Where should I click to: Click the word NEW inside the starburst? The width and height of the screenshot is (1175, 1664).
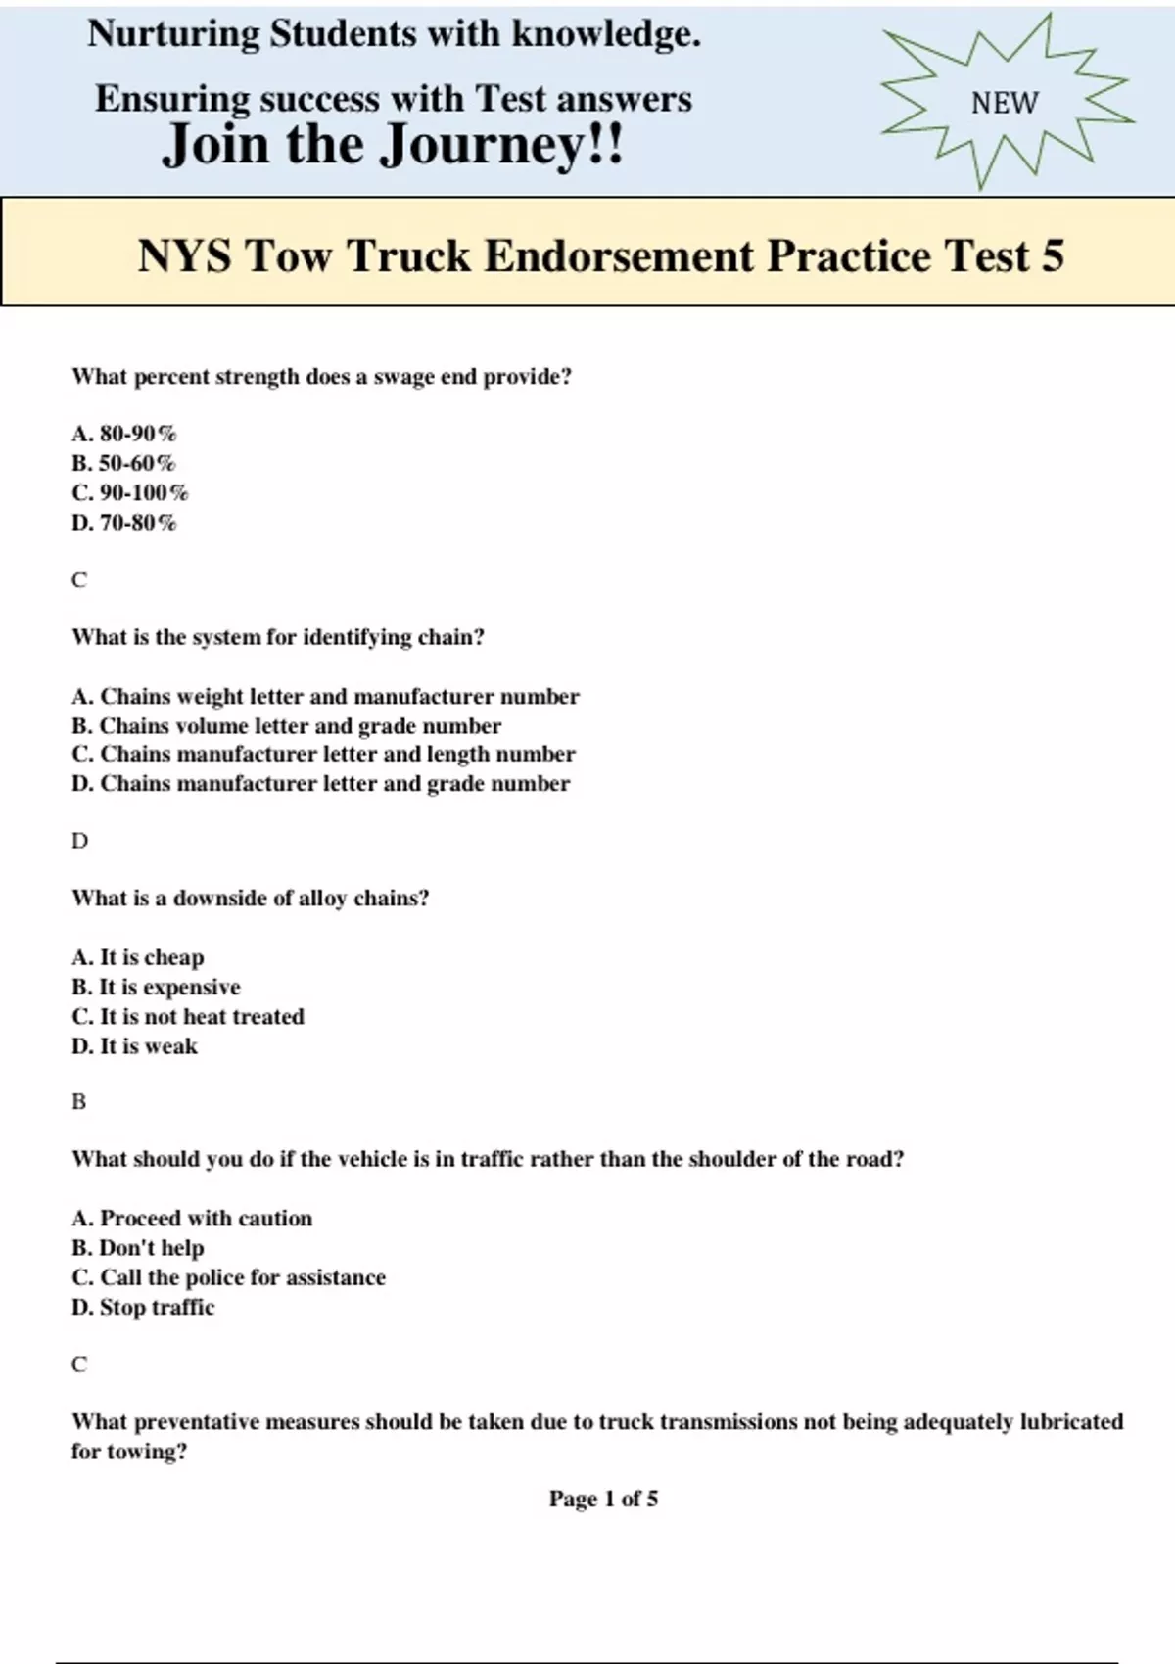tap(1005, 103)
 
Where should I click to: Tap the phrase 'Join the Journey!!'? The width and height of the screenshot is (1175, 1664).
tap(393, 145)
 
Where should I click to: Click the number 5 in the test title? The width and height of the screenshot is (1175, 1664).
tap(1052, 255)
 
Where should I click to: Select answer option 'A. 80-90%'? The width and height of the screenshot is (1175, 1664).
tap(124, 434)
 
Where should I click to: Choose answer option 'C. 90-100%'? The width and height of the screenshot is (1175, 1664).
tap(130, 492)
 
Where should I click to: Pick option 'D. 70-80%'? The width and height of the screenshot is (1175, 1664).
tap(124, 523)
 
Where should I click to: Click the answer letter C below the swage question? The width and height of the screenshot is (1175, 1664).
tap(79, 579)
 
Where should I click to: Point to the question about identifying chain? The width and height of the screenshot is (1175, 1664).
tap(278, 637)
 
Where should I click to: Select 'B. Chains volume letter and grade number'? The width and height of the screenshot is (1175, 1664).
tap(286, 726)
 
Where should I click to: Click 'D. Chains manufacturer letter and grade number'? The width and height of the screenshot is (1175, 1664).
tap(320, 784)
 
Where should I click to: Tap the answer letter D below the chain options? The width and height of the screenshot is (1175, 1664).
tap(79, 841)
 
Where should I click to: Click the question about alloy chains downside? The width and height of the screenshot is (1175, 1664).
tap(250, 899)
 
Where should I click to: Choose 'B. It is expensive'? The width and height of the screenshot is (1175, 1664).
tap(156, 987)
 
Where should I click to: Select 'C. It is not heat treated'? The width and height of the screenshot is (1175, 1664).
tap(188, 1017)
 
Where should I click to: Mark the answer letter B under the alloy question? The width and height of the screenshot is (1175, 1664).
tap(79, 1102)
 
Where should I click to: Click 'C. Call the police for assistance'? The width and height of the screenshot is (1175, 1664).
tap(228, 1277)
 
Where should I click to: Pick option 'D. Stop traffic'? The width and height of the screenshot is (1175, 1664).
tap(143, 1308)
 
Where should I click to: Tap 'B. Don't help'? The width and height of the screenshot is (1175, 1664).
tap(138, 1248)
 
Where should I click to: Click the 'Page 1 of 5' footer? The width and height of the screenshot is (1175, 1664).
tap(603, 1499)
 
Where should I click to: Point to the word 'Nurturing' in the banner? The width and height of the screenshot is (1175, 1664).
tap(173, 34)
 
